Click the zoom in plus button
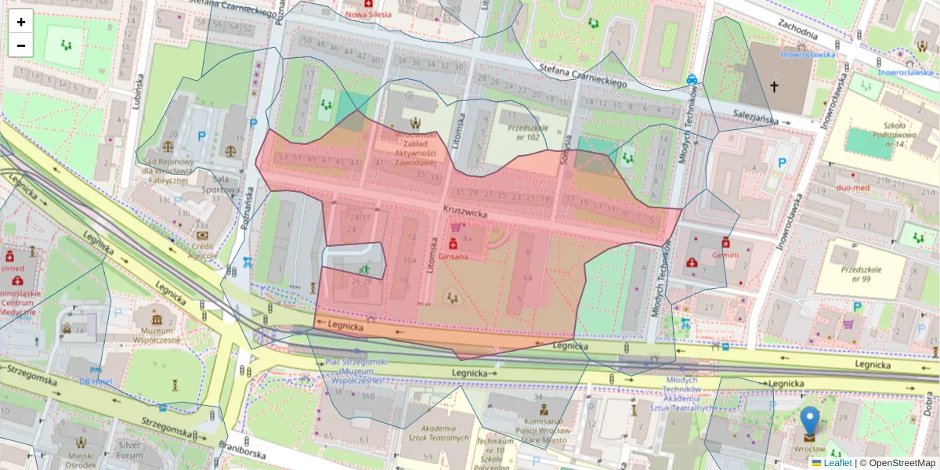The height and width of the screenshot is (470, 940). [21, 22]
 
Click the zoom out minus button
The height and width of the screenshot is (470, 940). [21, 45]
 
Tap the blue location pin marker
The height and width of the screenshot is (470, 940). [810, 423]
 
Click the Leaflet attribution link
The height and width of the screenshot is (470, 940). [837, 463]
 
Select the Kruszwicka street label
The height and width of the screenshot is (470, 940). [465, 211]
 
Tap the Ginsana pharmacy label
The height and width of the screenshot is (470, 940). [454, 256]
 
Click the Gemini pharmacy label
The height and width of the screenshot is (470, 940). [725, 255]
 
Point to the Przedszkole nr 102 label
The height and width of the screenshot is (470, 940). [524, 131]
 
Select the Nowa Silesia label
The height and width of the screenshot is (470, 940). [368, 14]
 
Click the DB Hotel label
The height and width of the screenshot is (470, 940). [96, 381]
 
